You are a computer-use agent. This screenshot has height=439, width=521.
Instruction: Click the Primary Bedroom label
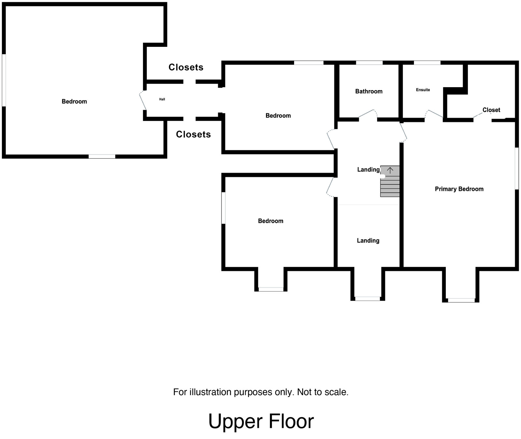pos(459,189)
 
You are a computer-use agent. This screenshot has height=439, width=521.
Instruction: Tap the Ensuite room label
pos(423,90)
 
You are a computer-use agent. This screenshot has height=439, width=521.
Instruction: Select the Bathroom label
pos(369,91)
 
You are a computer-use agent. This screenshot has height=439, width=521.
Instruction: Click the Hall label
pos(162,99)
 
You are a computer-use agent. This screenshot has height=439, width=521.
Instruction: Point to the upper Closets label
pos(186,67)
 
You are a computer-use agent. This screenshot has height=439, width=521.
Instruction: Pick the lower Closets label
pos(193,134)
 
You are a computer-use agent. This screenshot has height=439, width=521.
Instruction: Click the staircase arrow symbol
pos(390,170)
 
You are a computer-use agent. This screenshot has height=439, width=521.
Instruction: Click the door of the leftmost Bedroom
pos(143,101)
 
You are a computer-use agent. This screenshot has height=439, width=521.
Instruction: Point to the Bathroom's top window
pos(369,62)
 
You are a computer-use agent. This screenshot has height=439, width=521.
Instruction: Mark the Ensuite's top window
pos(427,62)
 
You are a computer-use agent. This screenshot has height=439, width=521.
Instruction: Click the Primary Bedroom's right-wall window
pos(516,168)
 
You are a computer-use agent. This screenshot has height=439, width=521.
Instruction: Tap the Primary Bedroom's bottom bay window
pos(461,300)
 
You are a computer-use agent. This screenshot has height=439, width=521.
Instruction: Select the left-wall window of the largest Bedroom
pos(4,80)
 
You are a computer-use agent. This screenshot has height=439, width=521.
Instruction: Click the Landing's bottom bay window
pos(367,299)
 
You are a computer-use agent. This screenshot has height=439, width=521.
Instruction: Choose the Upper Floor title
pos(261,421)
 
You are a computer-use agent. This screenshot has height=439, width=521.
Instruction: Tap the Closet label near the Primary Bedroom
pos(491,110)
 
